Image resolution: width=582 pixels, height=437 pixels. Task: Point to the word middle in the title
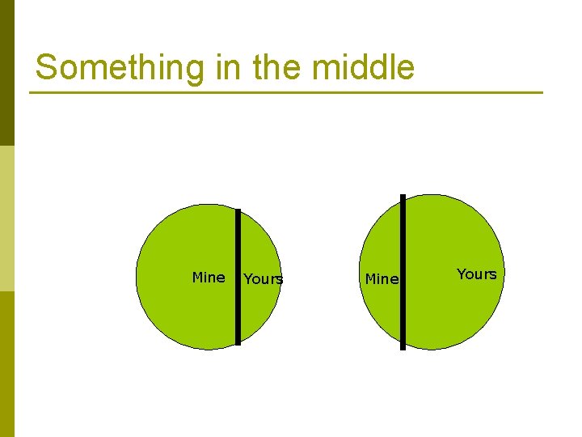(x=364, y=68)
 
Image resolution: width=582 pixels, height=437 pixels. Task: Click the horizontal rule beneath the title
(x=286, y=92)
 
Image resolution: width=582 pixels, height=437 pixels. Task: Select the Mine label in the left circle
(x=209, y=278)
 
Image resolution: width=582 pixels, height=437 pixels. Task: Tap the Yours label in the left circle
(x=264, y=279)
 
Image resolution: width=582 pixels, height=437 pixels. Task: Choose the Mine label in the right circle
(x=382, y=279)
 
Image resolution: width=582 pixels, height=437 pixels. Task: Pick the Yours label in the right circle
(x=477, y=274)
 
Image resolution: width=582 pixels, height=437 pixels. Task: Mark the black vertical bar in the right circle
(x=403, y=272)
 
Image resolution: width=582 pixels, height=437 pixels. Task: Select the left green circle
(x=178, y=316)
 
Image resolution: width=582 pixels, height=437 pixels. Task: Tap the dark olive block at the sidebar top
(x=7, y=73)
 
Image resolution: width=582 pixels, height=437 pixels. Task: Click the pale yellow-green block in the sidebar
(x=7, y=218)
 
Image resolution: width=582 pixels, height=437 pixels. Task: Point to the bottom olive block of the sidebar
(x=7, y=364)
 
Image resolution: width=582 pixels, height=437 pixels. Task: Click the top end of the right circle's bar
(x=403, y=197)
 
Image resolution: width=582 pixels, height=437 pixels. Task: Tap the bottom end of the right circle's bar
(x=403, y=347)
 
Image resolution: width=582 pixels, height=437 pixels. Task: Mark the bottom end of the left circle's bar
(x=238, y=342)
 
